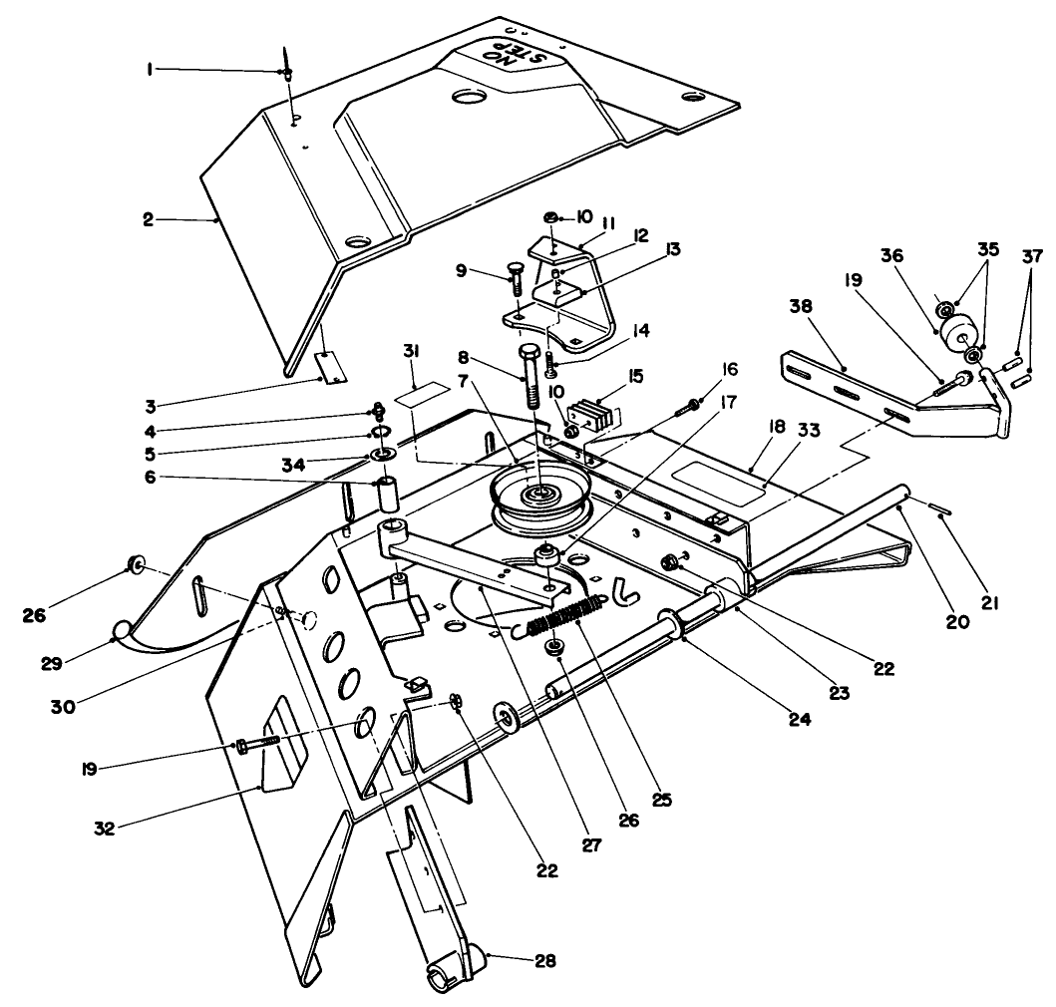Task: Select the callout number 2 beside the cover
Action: (x=148, y=219)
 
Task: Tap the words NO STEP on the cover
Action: (x=516, y=57)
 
